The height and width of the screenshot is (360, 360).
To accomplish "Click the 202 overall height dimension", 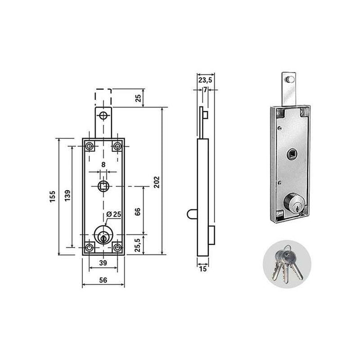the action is point(156,182).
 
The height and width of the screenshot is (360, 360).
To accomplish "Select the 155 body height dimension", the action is point(52,196).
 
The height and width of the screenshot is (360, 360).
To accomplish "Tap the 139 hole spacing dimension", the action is point(67,195).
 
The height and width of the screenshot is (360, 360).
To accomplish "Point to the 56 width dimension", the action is point(103,280).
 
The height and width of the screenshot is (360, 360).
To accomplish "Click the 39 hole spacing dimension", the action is point(103,263).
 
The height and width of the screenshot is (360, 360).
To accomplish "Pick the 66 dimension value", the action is point(137,212).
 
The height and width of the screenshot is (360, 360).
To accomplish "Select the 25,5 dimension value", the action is point(137,245).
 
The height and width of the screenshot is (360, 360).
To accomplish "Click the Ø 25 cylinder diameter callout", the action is point(114,214).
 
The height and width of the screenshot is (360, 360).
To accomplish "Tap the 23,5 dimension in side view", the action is point(205,80).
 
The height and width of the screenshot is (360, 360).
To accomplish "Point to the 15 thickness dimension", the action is point(203,269).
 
